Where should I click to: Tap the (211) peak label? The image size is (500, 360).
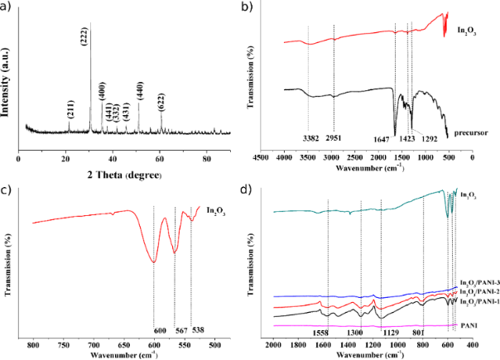(x=70, y=108)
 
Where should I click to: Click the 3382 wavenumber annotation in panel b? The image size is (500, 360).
(x=310, y=137)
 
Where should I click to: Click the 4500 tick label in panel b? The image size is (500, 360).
(x=262, y=156)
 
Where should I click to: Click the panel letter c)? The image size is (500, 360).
(x=7, y=192)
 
